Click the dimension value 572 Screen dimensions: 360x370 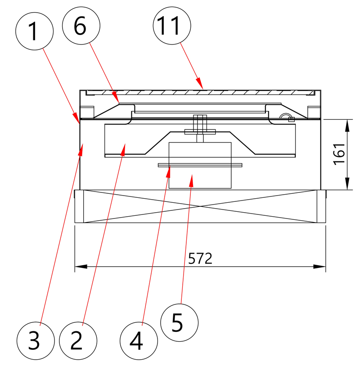point(200,259)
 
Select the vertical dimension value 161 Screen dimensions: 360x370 point(339,154)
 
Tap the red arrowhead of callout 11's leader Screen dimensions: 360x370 point(200,83)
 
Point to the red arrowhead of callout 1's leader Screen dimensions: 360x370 point(76,117)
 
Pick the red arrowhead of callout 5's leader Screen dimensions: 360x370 point(191,181)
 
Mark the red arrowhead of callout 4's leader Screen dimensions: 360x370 point(168,171)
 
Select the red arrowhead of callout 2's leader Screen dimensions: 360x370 point(123,149)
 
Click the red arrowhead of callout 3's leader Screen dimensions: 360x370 point(81,149)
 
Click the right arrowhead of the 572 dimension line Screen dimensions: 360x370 point(319,267)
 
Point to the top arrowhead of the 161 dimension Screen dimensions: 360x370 point(347,125)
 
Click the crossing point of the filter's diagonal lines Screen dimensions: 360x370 point(200,206)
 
